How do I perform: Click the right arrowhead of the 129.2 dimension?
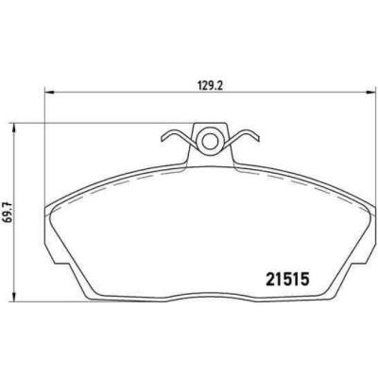click(x=365, y=93)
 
